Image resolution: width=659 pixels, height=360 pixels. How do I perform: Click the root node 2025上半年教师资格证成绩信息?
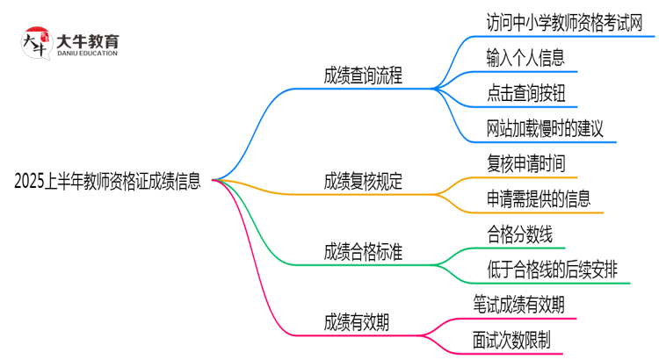tap(107, 183)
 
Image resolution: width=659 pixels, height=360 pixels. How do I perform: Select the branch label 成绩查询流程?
tap(363, 76)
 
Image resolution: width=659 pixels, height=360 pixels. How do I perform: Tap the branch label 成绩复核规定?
tap(363, 182)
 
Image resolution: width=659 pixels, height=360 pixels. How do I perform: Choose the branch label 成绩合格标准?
tap(363, 252)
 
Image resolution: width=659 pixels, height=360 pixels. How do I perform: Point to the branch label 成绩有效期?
tap(356, 322)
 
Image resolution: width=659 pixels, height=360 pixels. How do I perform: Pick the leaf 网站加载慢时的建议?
tap(545, 129)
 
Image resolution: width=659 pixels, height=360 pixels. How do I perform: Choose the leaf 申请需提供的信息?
tap(538, 198)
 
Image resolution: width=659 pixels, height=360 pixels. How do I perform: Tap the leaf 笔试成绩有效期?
tap(525, 305)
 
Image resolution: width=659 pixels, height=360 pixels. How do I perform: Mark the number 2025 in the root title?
tap(32, 183)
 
